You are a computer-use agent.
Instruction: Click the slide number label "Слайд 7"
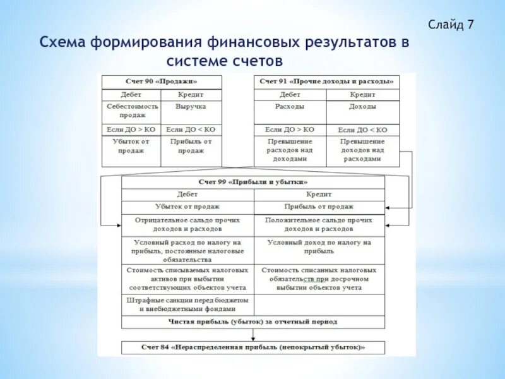coord(450,25)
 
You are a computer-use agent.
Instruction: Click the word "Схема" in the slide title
coord(66,43)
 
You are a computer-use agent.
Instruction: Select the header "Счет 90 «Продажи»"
coord(162,81)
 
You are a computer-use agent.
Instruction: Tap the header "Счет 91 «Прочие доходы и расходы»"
coord(327,81)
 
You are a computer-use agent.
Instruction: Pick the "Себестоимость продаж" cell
coord(131,111)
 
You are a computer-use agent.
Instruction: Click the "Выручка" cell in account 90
coord(191,107)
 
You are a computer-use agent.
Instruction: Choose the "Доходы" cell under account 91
coord(363,107)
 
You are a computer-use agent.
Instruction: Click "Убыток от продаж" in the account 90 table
coord(131,146)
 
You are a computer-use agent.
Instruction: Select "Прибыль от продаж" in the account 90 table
coord(191,146)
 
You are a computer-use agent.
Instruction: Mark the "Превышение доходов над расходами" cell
coord(363,150)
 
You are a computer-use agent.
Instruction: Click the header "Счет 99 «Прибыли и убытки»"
coord(253,182)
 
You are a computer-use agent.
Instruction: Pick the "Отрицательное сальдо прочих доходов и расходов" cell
coord(187,224)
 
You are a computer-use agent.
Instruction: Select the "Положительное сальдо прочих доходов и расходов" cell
coord(319,224)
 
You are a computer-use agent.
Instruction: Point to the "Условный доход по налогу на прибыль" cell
coord(319,246)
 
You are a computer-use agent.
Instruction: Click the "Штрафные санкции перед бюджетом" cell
coord(187,304)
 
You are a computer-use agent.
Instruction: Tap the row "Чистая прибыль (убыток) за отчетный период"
coord(253,322)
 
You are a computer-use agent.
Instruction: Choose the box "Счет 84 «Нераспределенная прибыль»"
coord(253,347)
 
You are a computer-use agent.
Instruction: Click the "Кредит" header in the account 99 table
coord(319,195)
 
